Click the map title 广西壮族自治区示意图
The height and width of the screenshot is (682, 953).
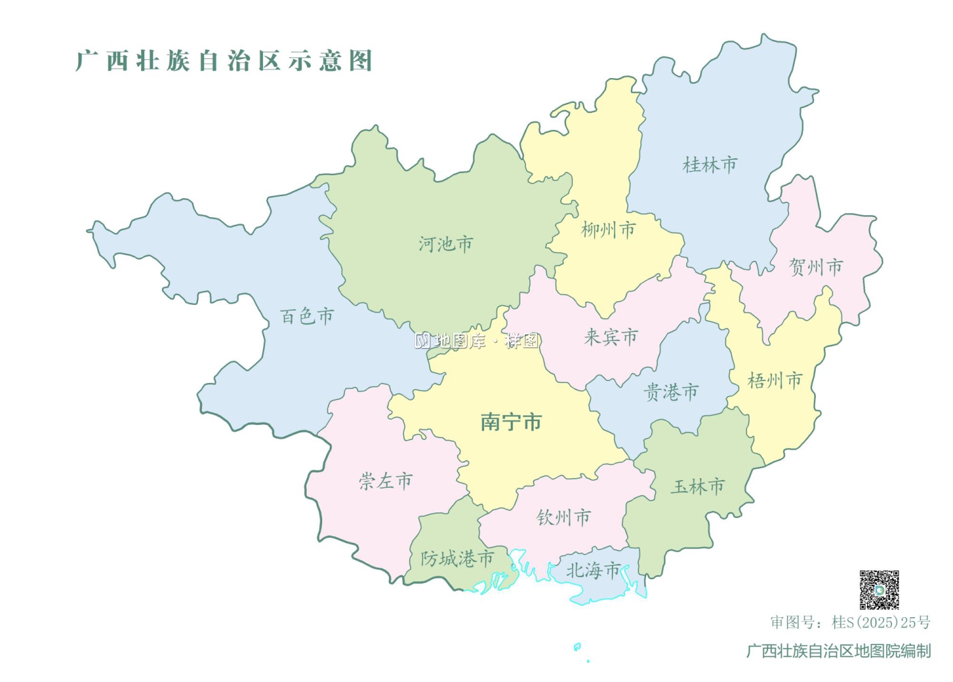click(x=224, y=61)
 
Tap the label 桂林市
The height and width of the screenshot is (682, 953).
click(x=710, y=165)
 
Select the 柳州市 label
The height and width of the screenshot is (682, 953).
click(x=608, y=230)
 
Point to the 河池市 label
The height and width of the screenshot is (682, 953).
click(x=445, y=244)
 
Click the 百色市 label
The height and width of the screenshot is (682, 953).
click(x=307, y=316)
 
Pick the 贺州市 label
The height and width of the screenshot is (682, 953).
click(x=816, y=267)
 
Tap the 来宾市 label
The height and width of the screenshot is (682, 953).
click(x=611, y=337)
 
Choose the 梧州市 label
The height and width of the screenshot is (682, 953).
click(x=774, y=381)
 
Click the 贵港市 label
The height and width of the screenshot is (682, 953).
click(x=671, y=392)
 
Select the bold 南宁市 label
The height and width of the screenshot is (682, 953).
click(x=511, y=422)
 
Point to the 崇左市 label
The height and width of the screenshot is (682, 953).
click(x=386, y=481)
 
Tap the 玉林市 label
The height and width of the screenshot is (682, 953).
click(x=698, y=487)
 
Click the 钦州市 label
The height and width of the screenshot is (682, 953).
click(x=564, y=518)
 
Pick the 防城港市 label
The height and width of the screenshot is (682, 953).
click(x=457, y=559)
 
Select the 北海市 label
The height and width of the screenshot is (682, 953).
click(x=593, y=570)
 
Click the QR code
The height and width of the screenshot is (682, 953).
click(x=879, y=589)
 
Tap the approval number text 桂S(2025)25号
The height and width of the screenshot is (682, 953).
click(x=881, y=622)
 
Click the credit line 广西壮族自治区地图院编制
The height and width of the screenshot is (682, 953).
click(x=838, y=651)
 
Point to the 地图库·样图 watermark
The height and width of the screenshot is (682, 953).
click(x=477, y=341)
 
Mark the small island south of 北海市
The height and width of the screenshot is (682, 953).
click(x=577, y=647)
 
